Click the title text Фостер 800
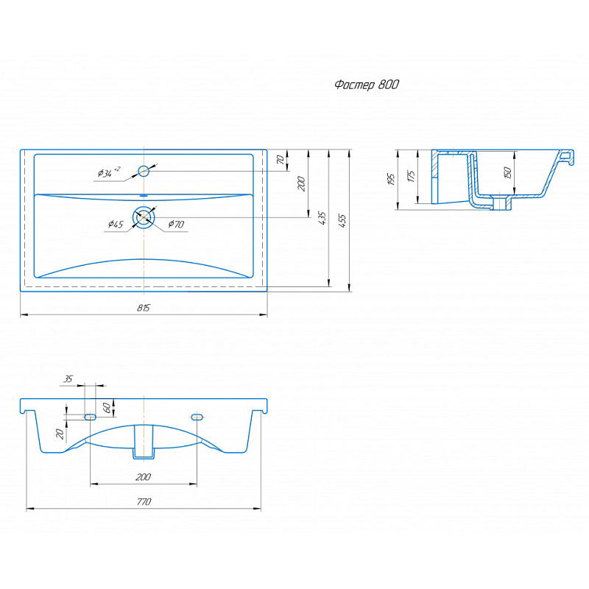pos(367,85)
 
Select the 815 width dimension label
pos(143,308)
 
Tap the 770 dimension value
pos(144,502)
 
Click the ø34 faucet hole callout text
pos(108,172)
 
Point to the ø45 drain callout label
pos(116,225)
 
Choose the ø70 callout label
pos(176,225)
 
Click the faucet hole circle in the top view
pos(144,172)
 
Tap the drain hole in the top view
pos(144,217)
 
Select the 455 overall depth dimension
pos(342,221)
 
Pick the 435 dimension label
pos(322,218)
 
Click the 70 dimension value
pos(281,160)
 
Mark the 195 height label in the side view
pos(391,179)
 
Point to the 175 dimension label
pos(412,176)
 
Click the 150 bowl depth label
pos(507,172)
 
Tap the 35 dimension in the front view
pos(68,378)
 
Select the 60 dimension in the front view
pos(107,408)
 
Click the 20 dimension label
pos(60,434)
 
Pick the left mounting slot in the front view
pos(90,417)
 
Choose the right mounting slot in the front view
pos(197,417)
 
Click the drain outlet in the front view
pos(144,442)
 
